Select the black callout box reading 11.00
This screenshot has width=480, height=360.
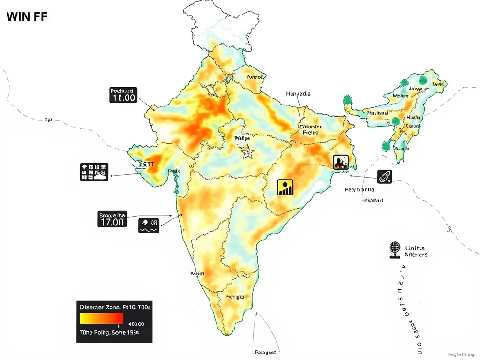(x=123, y=95)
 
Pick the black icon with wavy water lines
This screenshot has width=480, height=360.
(x=149, y=225)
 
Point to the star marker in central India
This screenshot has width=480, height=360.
(x=247, y=152)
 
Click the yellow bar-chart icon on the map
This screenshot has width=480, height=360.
(x=285, y=187)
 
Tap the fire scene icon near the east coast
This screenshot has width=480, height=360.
(x=341, y=162)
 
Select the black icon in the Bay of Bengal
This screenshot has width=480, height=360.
(x=385, y=177)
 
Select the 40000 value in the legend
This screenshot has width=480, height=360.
(x=136, y=324)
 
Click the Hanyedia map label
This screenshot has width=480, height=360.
(x=298, y=94)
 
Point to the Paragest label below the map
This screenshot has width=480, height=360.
(x=265, y=352)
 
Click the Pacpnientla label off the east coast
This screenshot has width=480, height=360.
(x=359, y=190)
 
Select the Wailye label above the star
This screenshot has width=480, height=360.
(x=242, y=138)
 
